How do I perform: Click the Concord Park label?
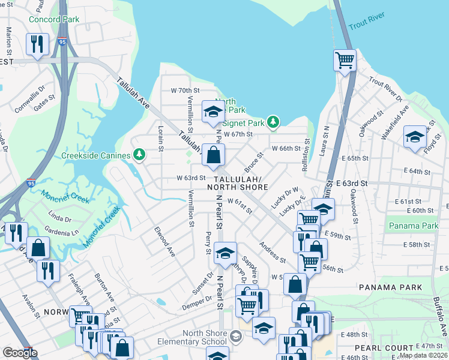pyautogui.click(x=54, y=19)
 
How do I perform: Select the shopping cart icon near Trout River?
pyautogui.click(x=345, y=60)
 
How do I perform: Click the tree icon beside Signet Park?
pyautogui.click(x=274, y=122)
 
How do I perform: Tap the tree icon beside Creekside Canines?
pyautogui.click(x=139, y=155)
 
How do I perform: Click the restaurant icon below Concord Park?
pyautogui.click(x=38, y=44)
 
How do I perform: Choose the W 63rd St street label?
pyautogui.click(x=191, y=178)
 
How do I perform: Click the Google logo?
pyautogui.click(x=20, y=353)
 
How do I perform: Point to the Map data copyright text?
pyautogui.click(x=424, y=355)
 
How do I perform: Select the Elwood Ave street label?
pyautogui.click(x=164, y=241)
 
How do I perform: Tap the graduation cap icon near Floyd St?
pyautogui.click(x=415, y=137)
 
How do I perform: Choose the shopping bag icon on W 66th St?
pyautogui.click(x=213, y=155)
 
